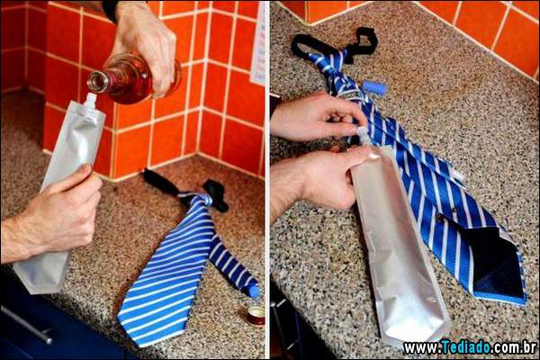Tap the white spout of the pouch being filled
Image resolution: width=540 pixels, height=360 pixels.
pyautogui.click(x=90, y=99)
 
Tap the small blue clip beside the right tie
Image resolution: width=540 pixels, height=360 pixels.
pyautogui.click(x=374, y=87)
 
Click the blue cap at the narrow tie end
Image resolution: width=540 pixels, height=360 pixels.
pyautogui.click(x=254, y=291)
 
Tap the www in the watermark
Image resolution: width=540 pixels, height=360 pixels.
pyautogui.click(x=419, y=348)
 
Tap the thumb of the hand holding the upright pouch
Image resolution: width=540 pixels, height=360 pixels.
pyautogui.click(x=76, y=179)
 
